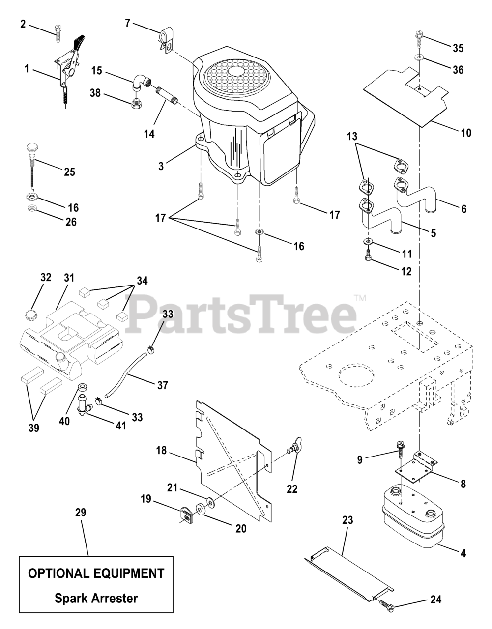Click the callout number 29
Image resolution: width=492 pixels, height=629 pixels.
81,512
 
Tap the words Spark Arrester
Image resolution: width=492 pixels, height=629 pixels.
96,598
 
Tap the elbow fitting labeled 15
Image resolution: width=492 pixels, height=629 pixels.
141,81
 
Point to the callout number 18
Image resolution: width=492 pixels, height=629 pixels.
162,451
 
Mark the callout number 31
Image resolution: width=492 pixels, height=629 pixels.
68,278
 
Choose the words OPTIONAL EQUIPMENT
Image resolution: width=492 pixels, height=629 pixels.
96,573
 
